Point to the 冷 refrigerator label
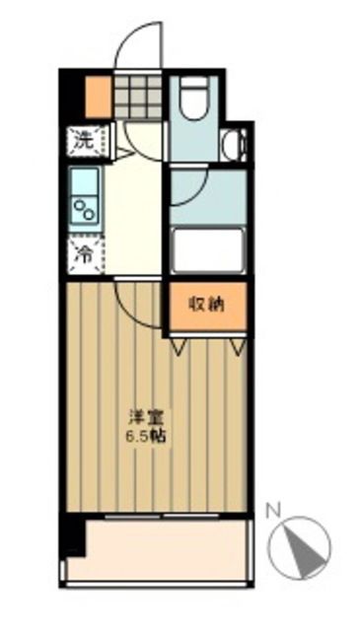tap(85, 253)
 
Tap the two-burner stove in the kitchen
tap(83, 210)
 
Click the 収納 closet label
tap(207, 304)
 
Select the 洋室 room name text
tap(139, 417)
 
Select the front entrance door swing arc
tap(133, 44)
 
